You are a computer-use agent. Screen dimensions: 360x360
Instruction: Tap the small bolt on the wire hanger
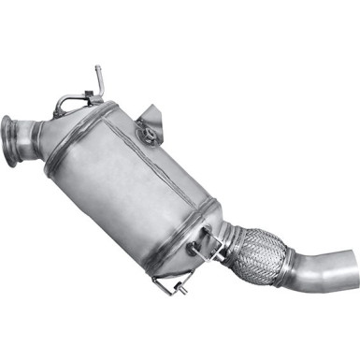[x=193, y=251]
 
